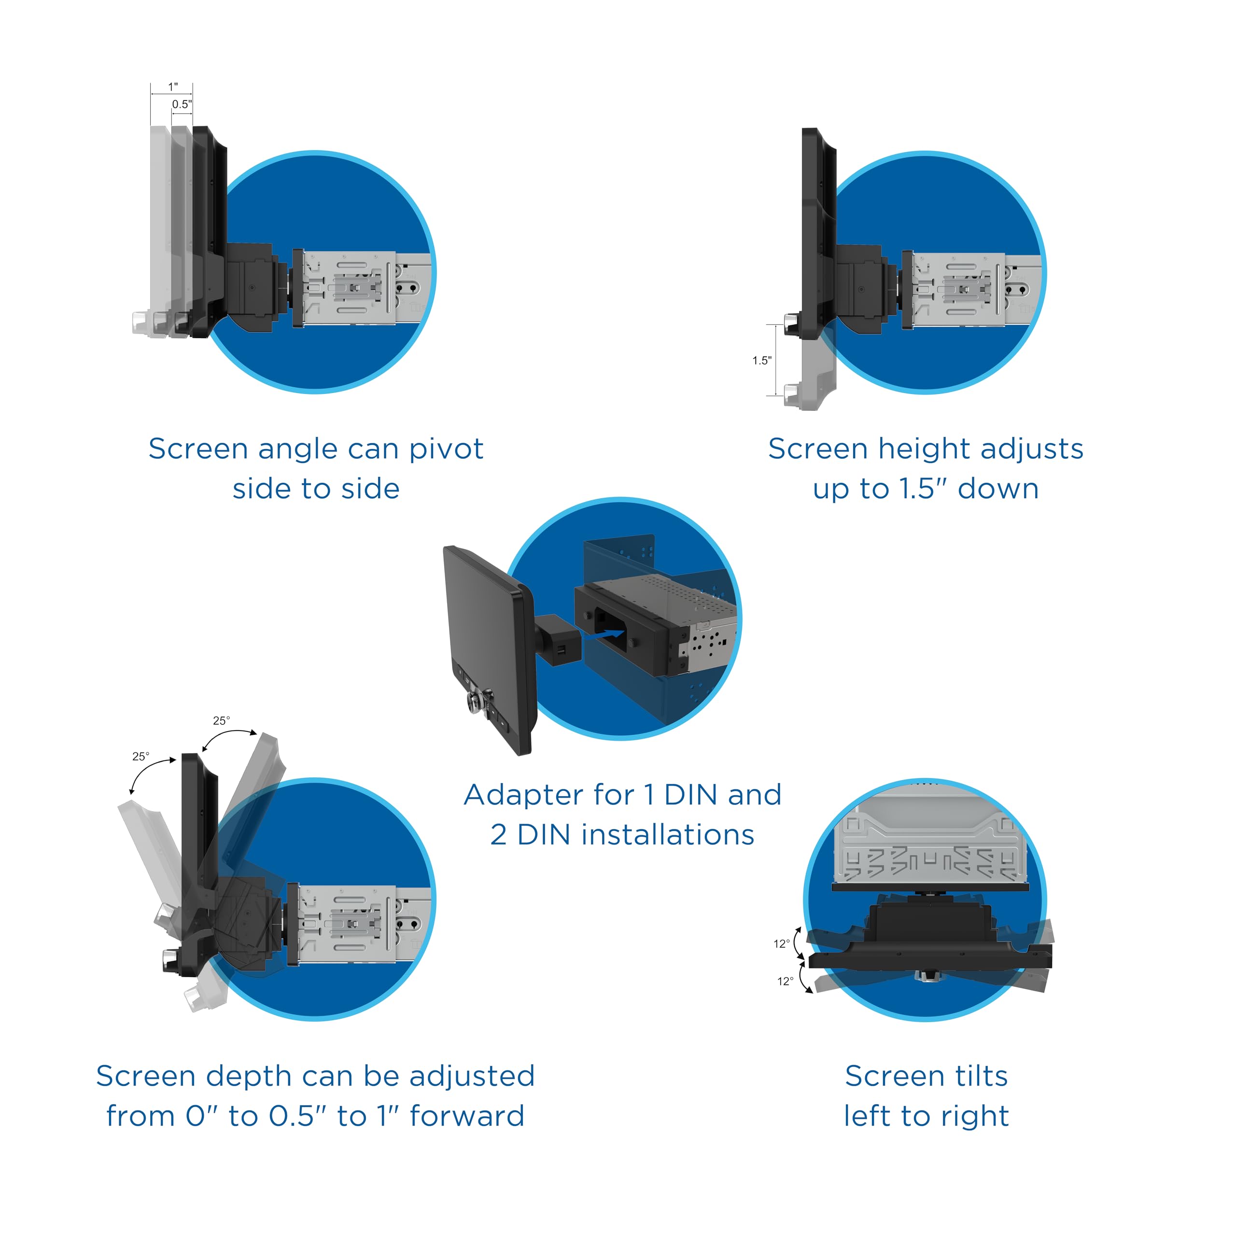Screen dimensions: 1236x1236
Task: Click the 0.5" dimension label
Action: click(x=182, y=104)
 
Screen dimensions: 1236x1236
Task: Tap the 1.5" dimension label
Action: click(x=761, y=361)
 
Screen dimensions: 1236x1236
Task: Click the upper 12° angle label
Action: click(x=782, y=943)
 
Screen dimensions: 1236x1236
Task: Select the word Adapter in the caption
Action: click(x=523, y=795)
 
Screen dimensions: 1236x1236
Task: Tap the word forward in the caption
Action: click(x=467, y=1116)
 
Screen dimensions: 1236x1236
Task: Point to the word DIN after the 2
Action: click(x=543, y=835)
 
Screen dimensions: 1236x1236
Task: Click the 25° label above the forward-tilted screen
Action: click(x=221, y=720)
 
